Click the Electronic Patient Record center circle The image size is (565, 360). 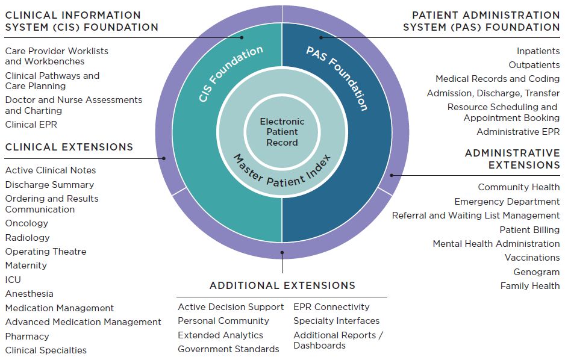(282, 132)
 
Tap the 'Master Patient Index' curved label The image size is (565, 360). (282, 173)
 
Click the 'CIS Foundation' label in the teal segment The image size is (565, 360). (231, 74)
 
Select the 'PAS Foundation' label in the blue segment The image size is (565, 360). (337, 78)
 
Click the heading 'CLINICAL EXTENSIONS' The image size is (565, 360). (69, 147)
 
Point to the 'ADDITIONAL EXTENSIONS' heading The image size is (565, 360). (282, 285)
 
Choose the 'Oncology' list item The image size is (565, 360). (27, 223)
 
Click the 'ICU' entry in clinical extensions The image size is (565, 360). (13, 280)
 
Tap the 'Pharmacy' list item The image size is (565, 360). (27, 337)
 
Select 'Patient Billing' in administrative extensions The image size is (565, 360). (529, 230)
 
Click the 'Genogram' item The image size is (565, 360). (537, 272)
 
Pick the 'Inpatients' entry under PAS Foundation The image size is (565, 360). (538, 51)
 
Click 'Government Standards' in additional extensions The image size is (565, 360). (228, 349)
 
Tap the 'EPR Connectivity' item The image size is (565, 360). (331, 307)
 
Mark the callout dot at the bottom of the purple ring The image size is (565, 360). (282, 253)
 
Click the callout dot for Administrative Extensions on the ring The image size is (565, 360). (392, 175)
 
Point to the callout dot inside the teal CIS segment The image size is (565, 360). (242, 37)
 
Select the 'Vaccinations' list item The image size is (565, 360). (532, 258)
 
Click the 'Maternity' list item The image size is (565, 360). (26, 265)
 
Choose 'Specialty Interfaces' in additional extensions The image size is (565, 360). (337, 321)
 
